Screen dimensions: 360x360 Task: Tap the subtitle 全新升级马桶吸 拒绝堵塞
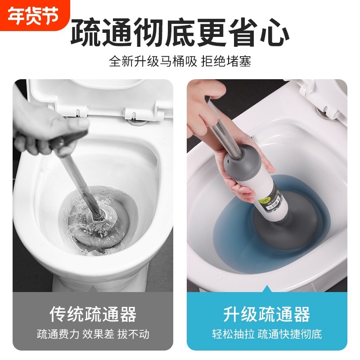tap(180, 61)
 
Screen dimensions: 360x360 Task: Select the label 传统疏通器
tap(93, 314)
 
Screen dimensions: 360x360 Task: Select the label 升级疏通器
tap(267, 314)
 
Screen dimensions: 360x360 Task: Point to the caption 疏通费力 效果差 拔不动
tap(93, 334)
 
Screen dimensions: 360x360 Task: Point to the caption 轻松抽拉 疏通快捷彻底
tap(267, 334)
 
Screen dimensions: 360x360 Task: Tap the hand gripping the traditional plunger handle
tap(38, 130)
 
